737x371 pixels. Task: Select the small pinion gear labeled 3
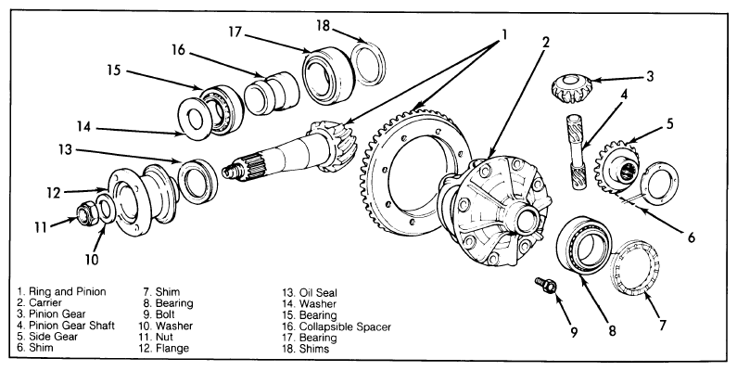571,88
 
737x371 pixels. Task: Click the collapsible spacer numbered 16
272,93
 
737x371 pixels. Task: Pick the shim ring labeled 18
369,63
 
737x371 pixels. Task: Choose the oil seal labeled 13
197,181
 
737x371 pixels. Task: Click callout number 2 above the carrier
545,43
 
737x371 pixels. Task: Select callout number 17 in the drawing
235,32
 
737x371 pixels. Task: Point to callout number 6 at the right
691,237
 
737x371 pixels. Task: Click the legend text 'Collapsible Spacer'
345,326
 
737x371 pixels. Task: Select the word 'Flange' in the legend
172,349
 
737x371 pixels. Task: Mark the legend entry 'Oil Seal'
318,293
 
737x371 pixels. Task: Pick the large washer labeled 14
195,118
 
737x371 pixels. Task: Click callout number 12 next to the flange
54,193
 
